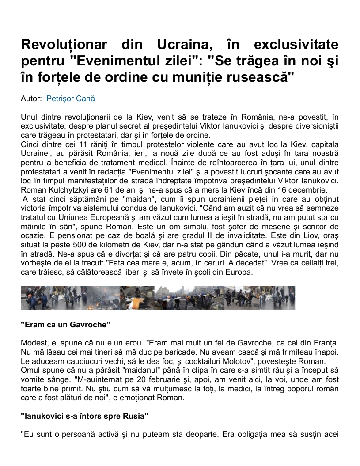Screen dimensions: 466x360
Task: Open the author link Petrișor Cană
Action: click(x=71, y=99)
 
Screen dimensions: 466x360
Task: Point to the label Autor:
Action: click(x=31, y=99)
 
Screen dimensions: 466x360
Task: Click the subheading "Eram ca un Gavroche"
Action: click(x=65, y=325)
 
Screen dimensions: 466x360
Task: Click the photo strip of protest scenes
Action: click(x=158, y=297)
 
